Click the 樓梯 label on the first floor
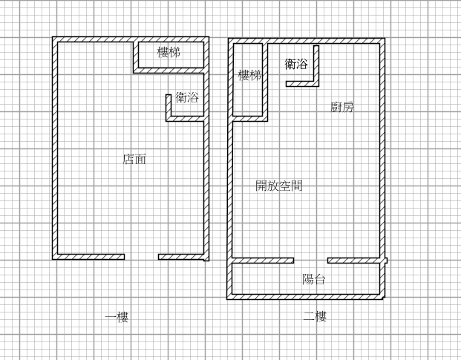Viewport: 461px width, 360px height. (x=169, y=52)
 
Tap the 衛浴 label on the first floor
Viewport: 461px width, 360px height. (x=187, y=97)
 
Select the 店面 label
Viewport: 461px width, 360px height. (x=134, y=159)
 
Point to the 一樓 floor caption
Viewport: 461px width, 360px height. (x=117, y=318)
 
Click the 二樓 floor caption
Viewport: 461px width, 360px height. (x=315, y=317)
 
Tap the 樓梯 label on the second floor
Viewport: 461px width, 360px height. (x=249, y=75)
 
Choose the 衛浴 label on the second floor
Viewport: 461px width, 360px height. (x=296, y=64)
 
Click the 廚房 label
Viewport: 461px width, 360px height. (x=342, y=107)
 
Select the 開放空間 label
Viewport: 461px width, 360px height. (x=279, y=186)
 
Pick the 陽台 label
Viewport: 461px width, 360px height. (x=314, y=279)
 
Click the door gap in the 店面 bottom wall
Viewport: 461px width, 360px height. (x=141, y=257)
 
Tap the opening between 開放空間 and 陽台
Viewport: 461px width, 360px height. (x=311, y=261)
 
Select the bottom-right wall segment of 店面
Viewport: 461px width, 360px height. (x=181, y=257)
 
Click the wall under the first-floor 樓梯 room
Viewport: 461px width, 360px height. (x=169, y=71)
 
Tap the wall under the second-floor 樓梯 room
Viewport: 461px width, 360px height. (x=250, y=119)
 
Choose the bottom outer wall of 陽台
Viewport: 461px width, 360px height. (x=306, y=297)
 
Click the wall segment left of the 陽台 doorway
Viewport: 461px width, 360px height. (x=263, y=261)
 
